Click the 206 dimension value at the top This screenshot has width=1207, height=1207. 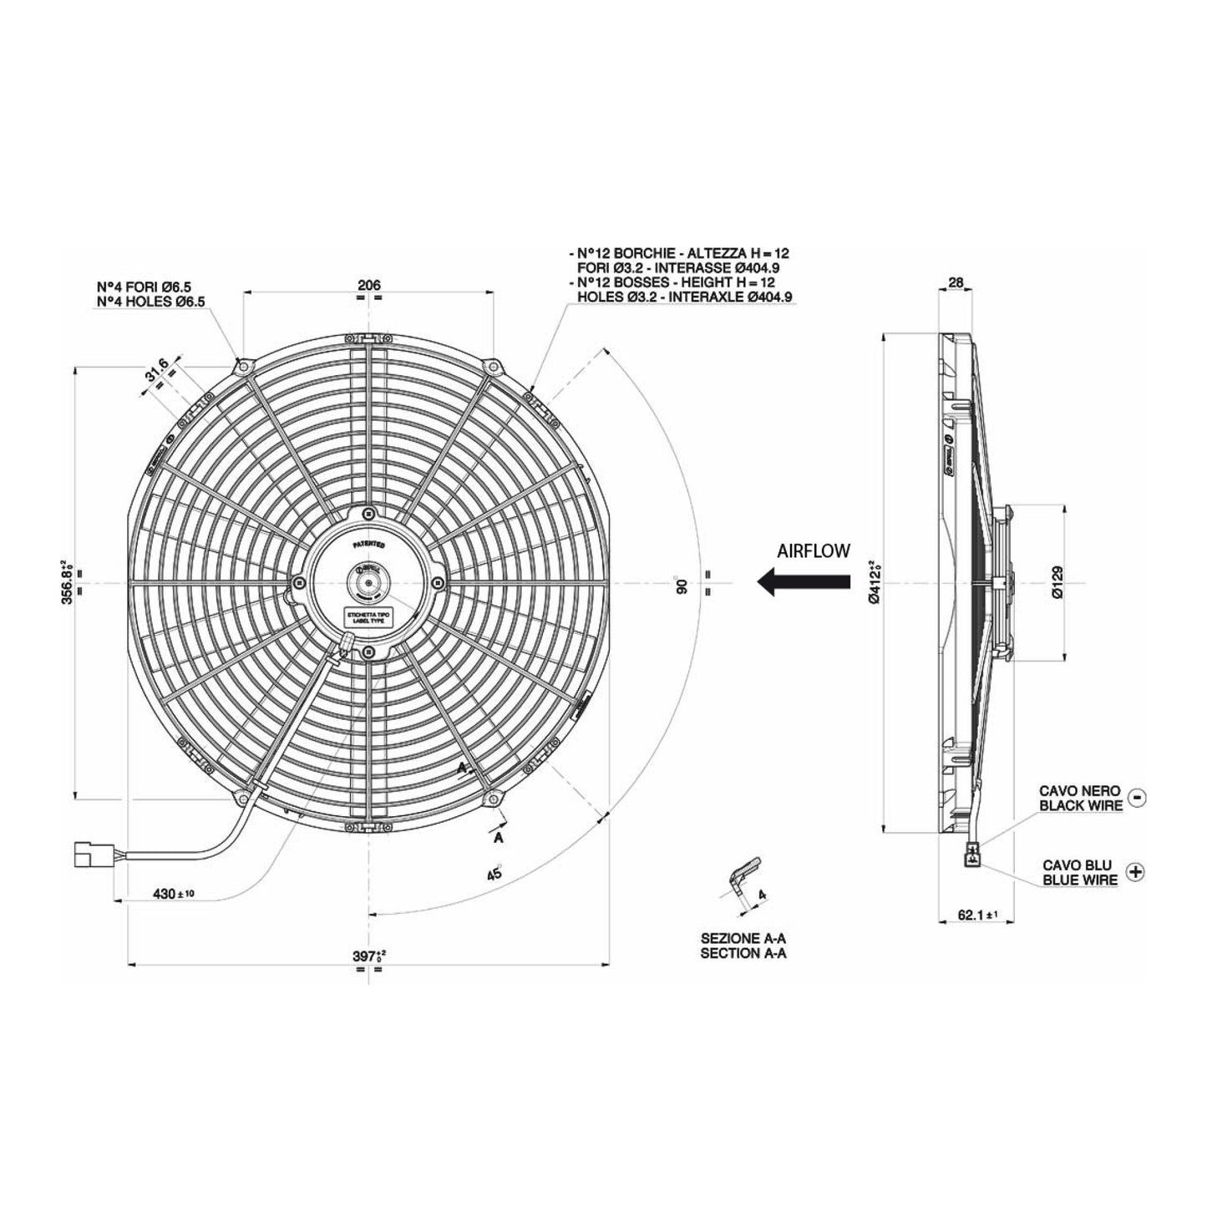coord(368,286)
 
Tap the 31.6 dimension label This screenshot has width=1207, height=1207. coord(157,369)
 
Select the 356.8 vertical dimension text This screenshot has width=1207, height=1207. coord(68,581)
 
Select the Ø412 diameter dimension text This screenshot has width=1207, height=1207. coord(874,581)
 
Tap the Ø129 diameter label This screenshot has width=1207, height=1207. coord(1057,582)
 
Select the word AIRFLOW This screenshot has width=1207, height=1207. coord(813,550)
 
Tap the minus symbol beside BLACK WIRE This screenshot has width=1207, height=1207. coord(1137,797)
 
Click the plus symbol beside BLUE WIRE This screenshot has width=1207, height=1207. coord(1135,871)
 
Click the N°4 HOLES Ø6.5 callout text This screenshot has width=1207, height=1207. coord(151,302)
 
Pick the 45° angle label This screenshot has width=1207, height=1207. coord(494,873)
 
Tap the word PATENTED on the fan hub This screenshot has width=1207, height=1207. coord(368,544)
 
